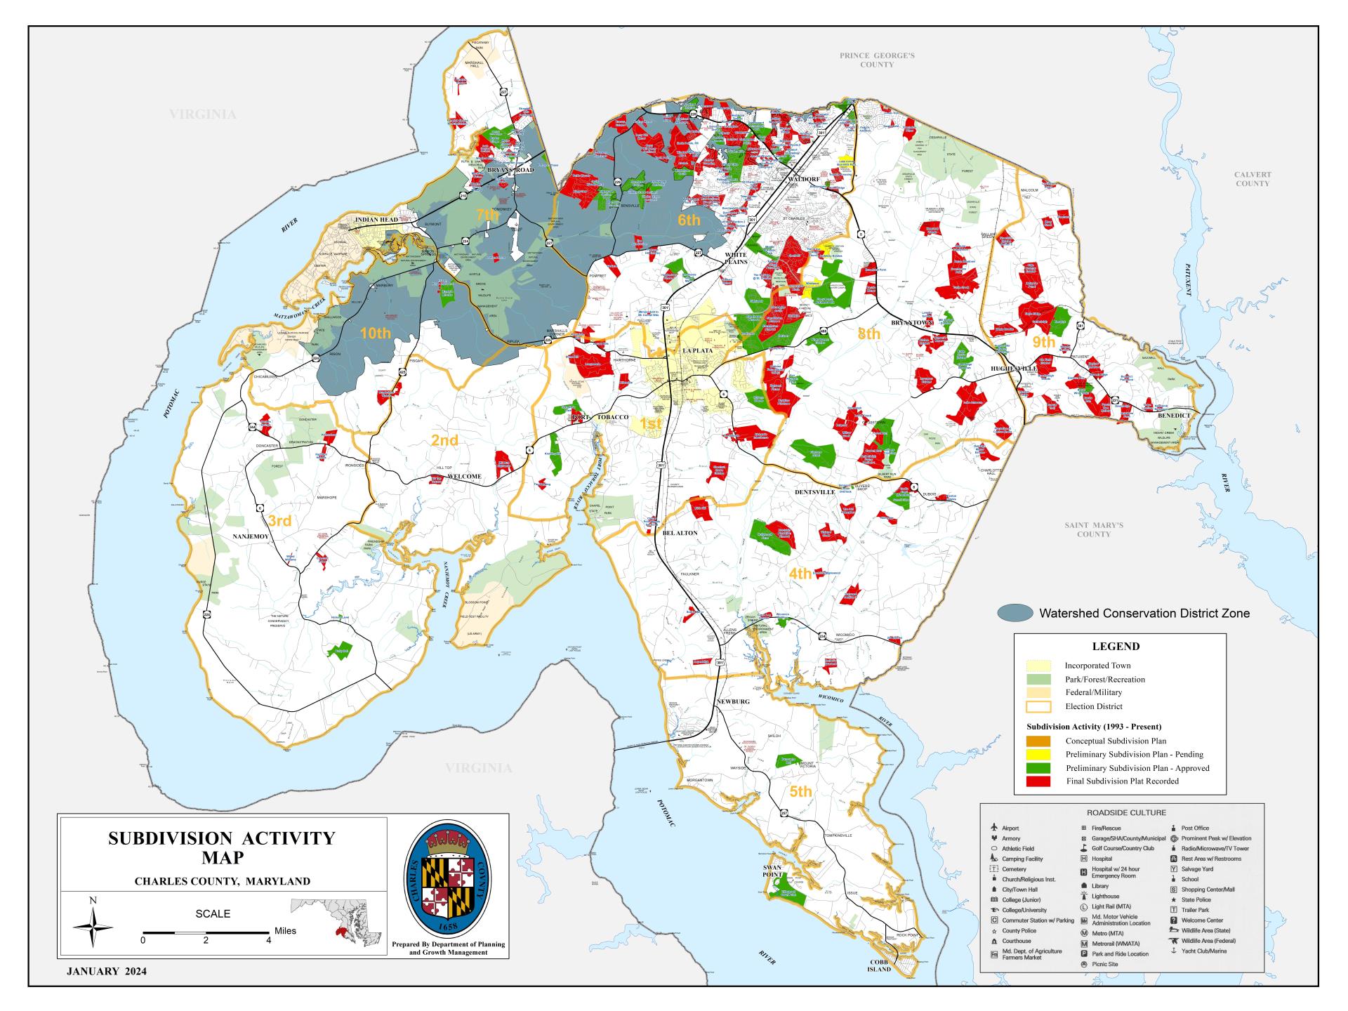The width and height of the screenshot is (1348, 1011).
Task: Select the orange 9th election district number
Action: coord(1043,343)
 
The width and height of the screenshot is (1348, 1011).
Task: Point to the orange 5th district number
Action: coord(800,792)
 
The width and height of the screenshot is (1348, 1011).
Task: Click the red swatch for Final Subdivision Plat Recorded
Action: coord(1038,781)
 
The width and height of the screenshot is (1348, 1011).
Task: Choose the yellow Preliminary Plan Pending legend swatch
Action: coord(1038,755)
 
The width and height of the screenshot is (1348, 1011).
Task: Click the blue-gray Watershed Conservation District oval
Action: coord(1015,613)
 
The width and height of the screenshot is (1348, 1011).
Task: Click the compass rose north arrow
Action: coord(93,926)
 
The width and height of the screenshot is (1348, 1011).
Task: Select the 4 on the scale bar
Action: coord(268,940)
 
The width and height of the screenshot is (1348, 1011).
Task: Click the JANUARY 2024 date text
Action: coord(107,972)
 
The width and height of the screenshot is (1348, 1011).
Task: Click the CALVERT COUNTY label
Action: coord(1253,179)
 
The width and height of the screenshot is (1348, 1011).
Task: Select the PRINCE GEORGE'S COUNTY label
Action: coord(877,60)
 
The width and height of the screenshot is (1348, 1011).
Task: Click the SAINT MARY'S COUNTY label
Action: coord(1093,529)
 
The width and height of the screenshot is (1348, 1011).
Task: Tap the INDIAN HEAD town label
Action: coord(376,220)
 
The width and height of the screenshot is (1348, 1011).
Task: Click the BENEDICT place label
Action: coord(1174,416)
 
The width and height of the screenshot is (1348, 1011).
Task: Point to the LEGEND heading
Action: coord(1116,647)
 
